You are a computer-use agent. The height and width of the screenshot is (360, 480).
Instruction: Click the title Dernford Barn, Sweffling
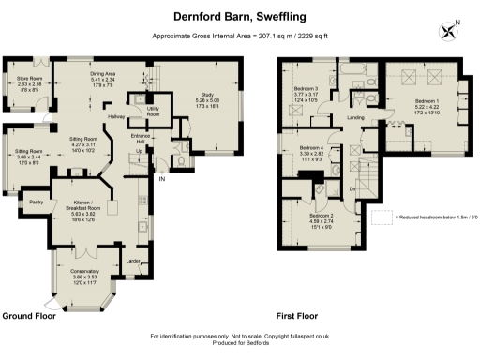point(239,16)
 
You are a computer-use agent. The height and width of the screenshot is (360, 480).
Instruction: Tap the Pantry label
point(38,201)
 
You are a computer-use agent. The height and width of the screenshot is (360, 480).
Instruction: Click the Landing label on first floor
point(354,117)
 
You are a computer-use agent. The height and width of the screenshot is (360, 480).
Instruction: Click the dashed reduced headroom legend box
point(382,217)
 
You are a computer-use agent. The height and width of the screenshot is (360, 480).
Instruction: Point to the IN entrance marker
point(161,178)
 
